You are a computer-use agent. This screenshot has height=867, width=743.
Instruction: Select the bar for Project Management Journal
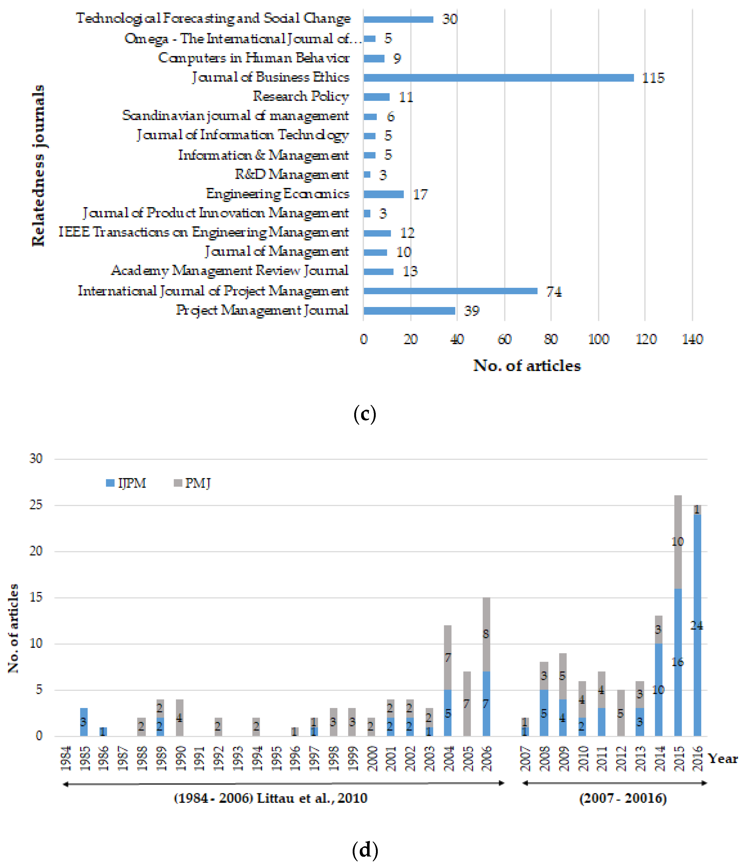409,311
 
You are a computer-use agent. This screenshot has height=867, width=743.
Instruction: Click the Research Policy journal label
300,96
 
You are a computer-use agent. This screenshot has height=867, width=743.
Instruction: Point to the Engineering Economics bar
383,194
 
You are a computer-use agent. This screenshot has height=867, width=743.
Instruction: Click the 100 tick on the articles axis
598,339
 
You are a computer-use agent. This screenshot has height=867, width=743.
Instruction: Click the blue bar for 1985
84,722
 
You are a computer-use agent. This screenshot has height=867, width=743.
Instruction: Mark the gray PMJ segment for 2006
486,634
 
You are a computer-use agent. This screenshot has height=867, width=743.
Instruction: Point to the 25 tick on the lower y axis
36,505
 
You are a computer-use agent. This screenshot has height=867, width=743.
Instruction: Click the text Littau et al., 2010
312,798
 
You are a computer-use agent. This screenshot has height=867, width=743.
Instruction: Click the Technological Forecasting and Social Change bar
398,19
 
